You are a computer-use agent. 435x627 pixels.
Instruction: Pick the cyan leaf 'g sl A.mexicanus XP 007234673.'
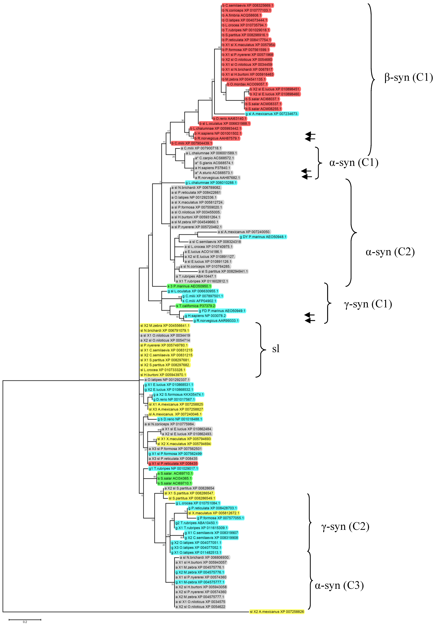point(272,114)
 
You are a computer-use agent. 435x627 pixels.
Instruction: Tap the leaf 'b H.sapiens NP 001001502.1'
point(218,133)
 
